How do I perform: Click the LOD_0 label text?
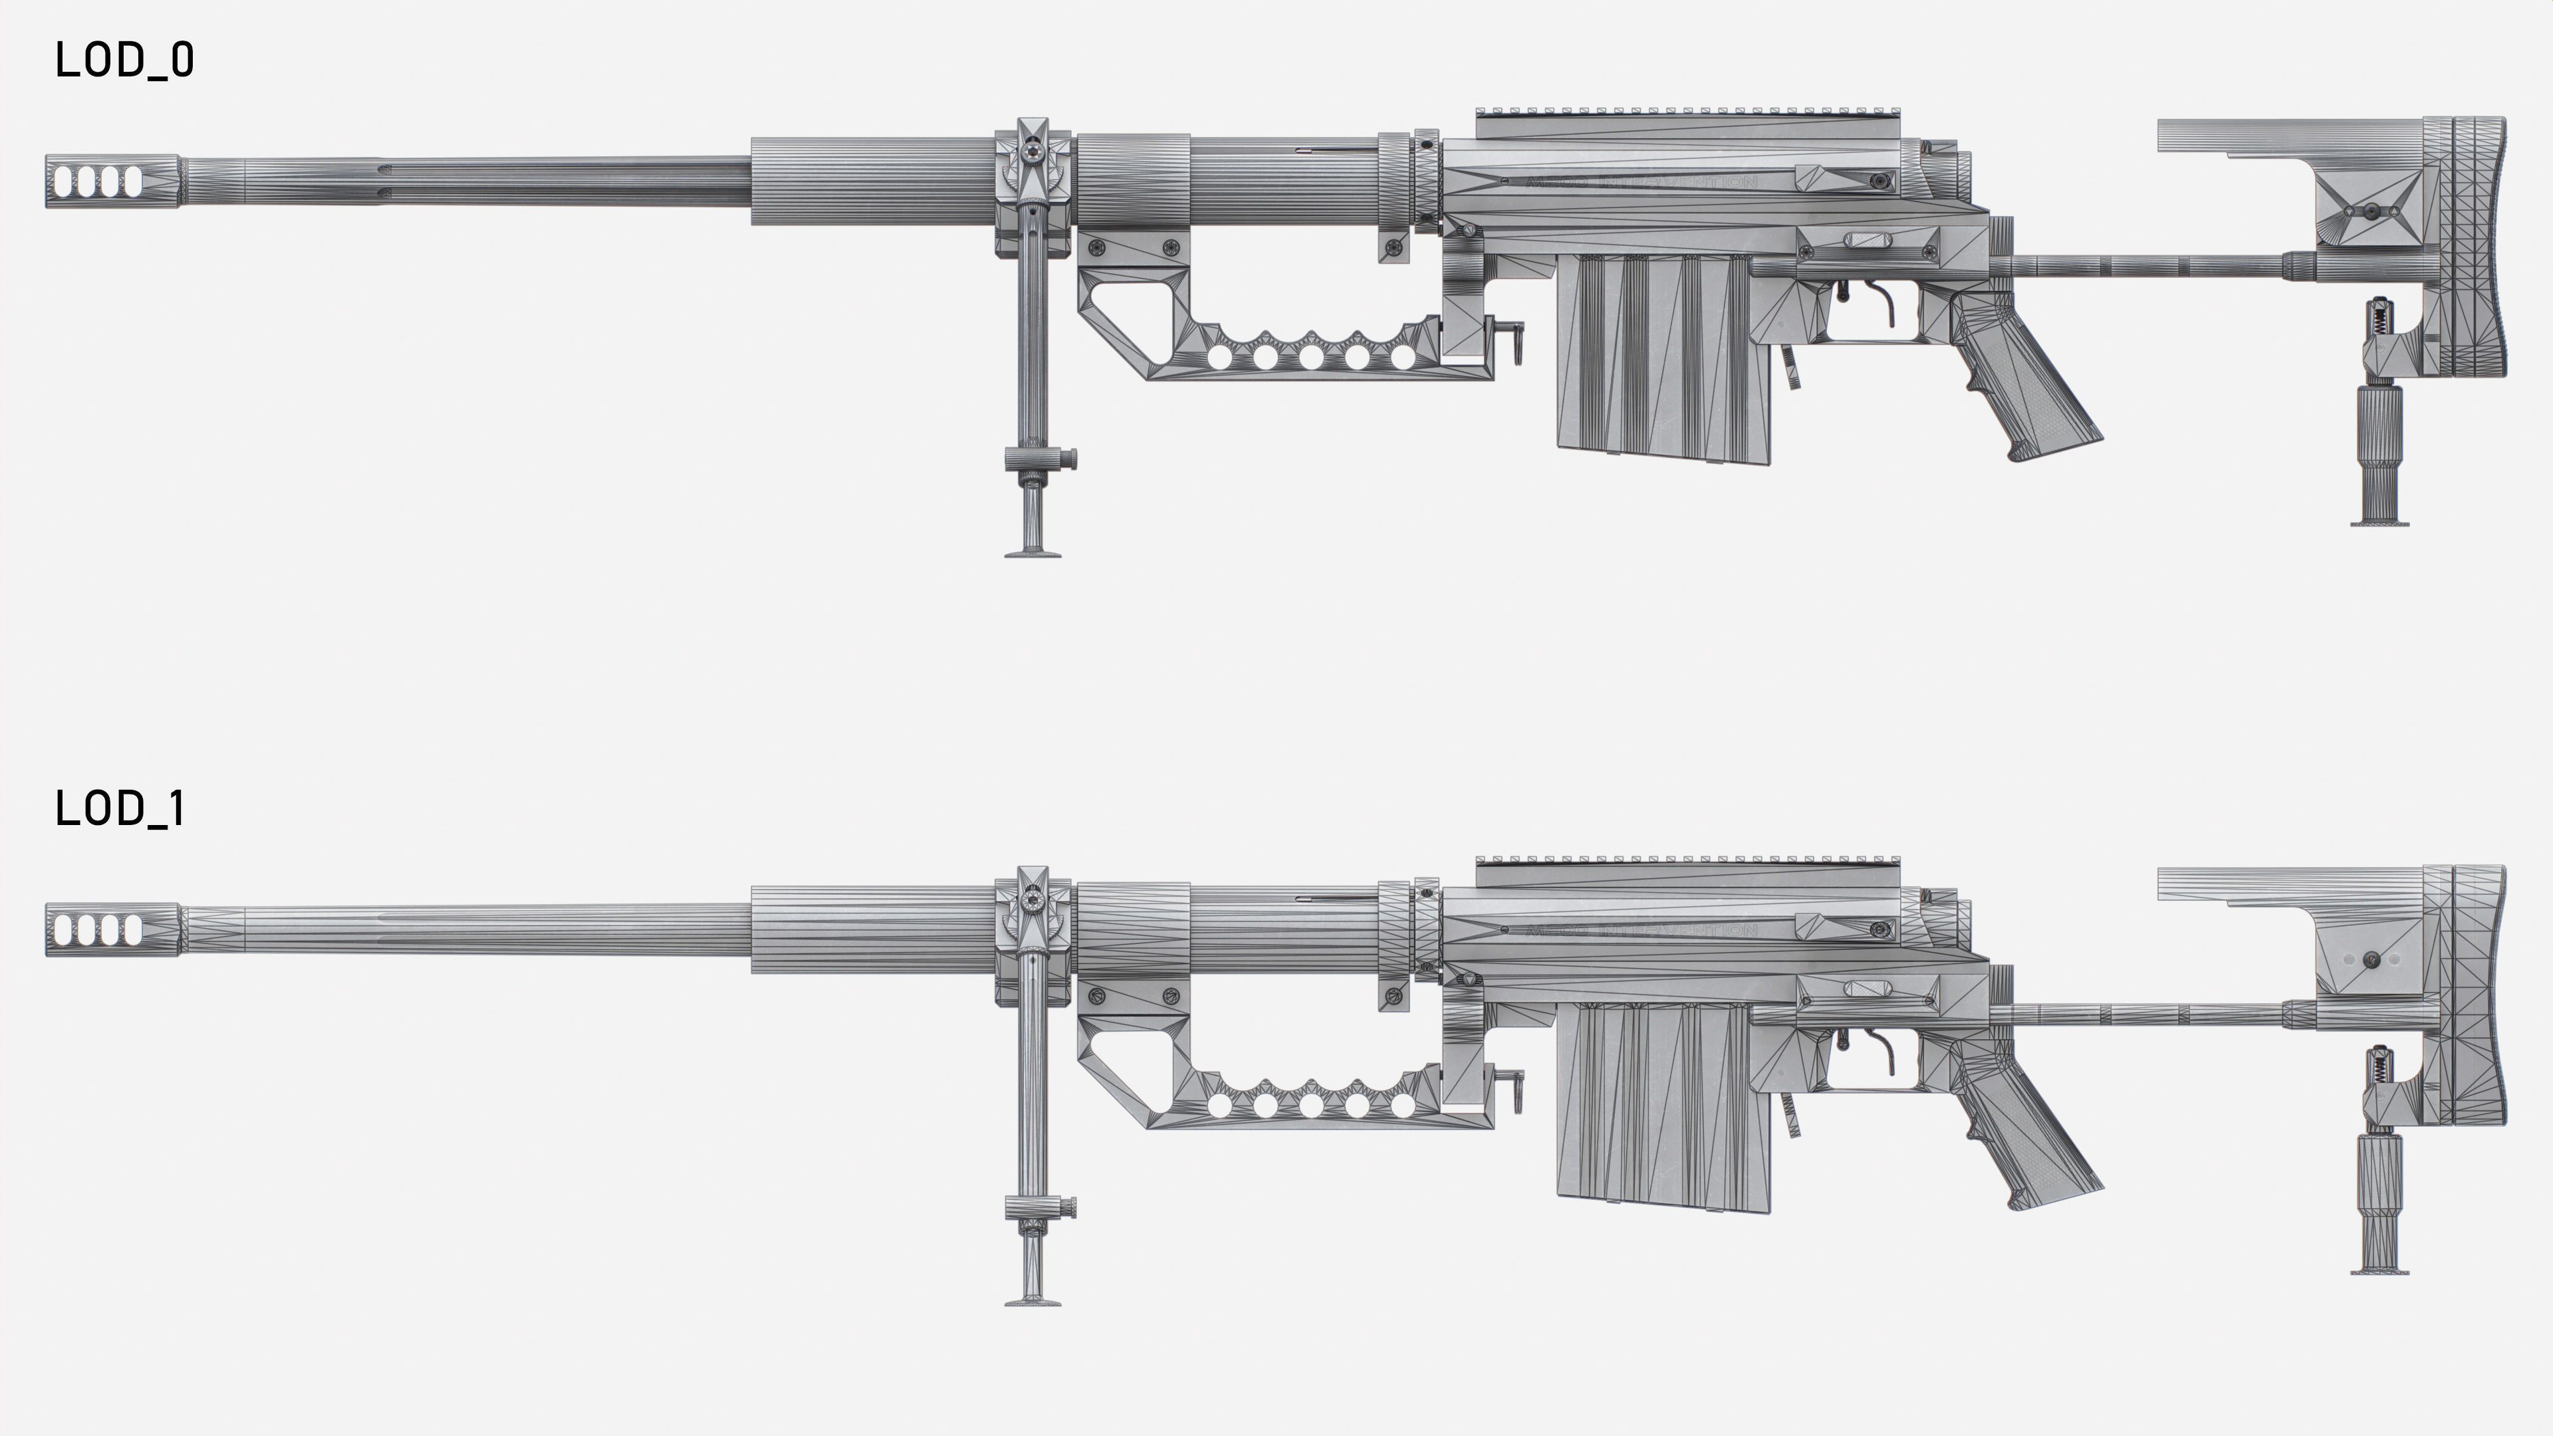(124, 60)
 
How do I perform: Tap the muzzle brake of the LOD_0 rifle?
(112, 181)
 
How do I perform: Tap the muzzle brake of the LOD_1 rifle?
(112, 929)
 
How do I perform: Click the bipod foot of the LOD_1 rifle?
(1033, 1300)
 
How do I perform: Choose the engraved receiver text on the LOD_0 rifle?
(1640, 182)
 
